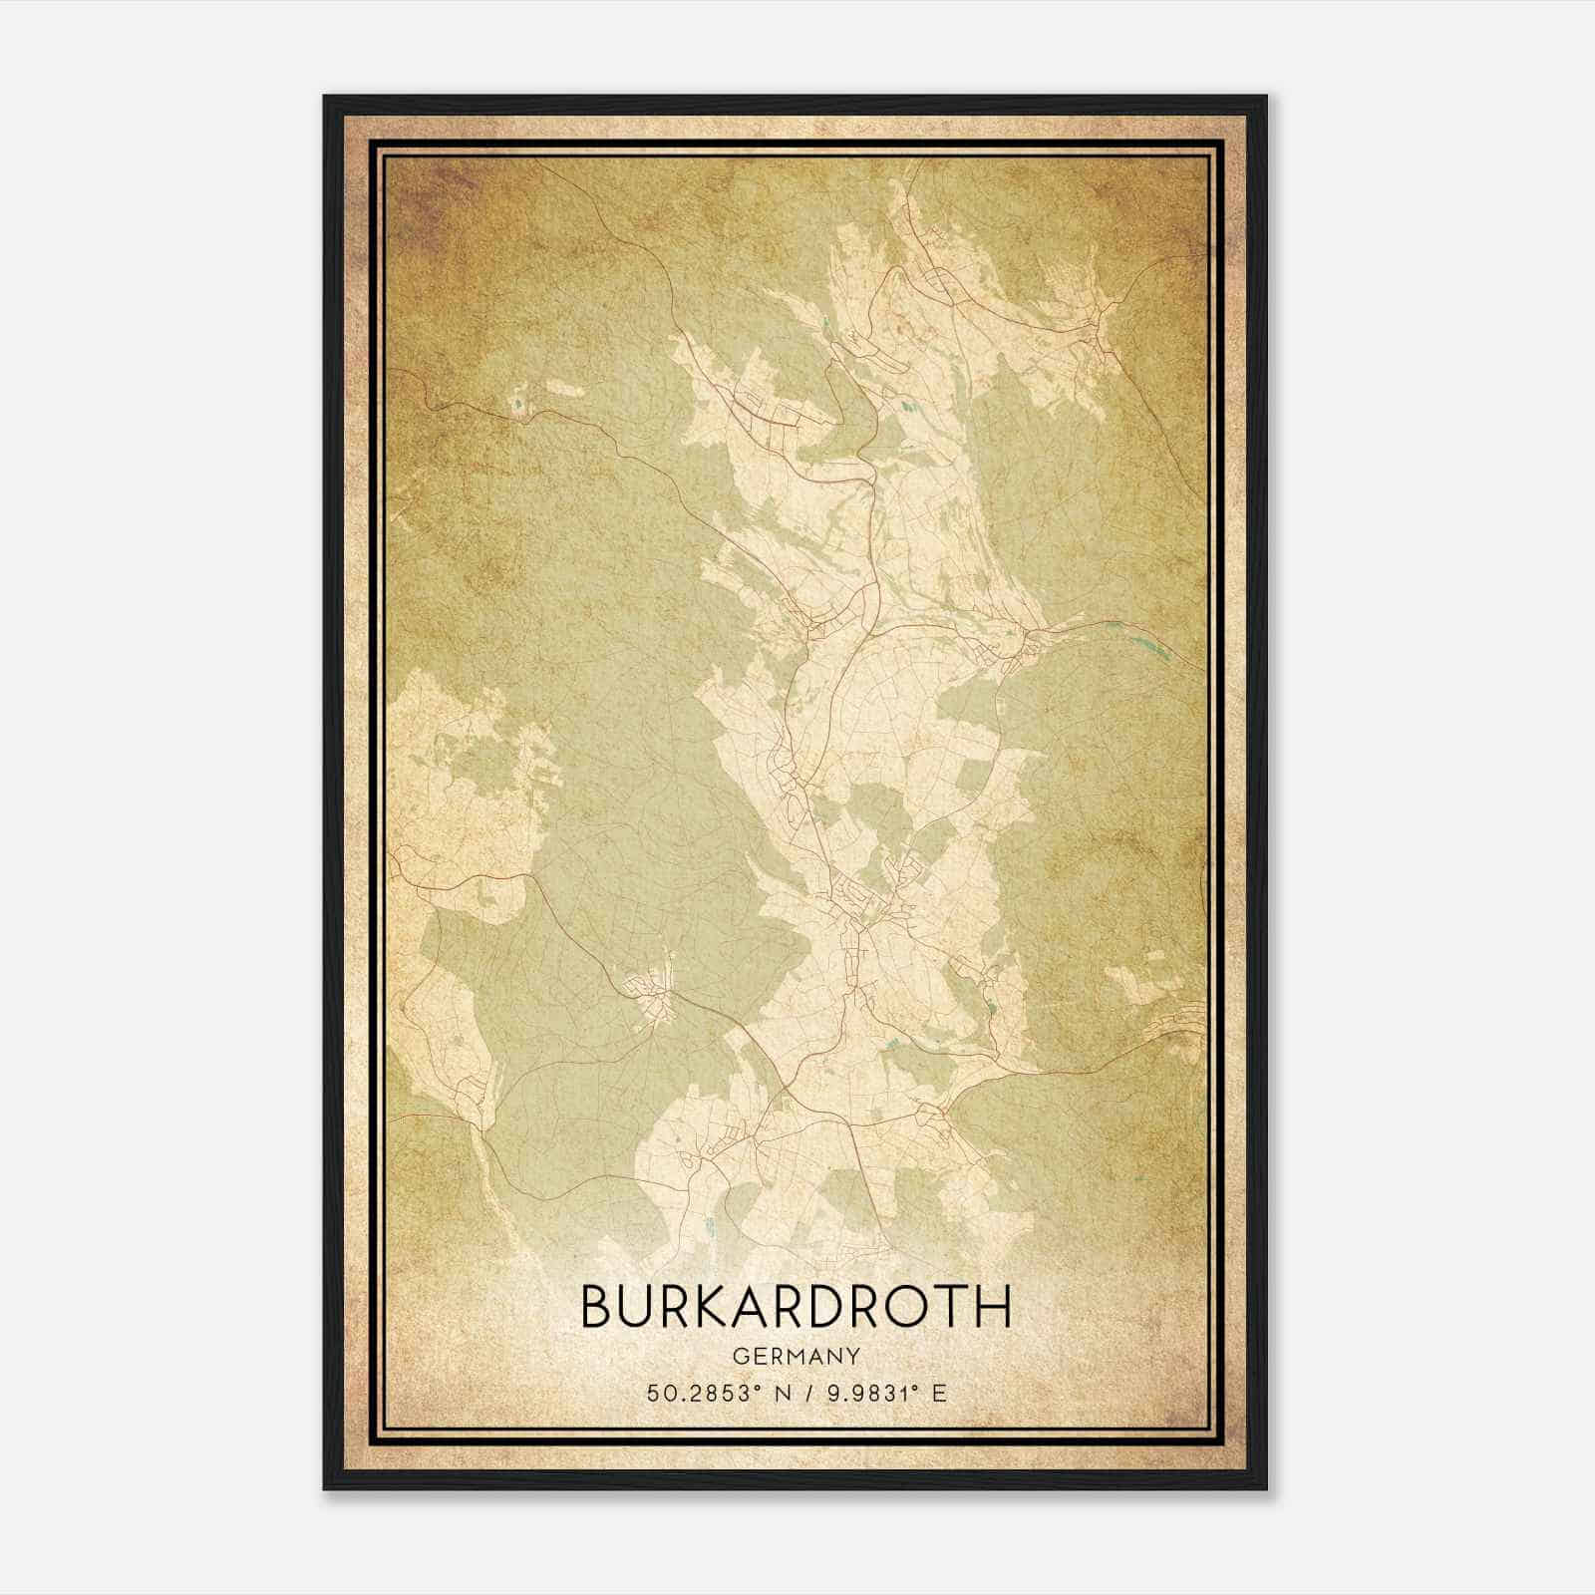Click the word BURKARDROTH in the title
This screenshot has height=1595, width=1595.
[x=796, y=1306]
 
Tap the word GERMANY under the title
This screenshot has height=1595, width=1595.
[x=796, y=1357]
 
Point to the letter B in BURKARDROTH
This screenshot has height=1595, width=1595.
[x=595, y=1306]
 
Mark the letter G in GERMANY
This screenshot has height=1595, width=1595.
[x=739, y=1357]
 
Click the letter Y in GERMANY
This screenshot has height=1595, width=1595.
[x=853, y=1357]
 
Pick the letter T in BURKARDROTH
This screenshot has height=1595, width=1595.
[x=961, y=1306]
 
